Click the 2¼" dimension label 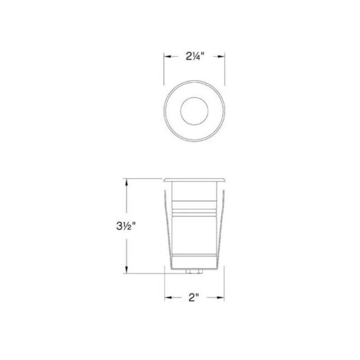(195, 56)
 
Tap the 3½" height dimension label (126, 226)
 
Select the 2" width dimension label (193, 298)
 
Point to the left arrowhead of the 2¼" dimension (167, 57)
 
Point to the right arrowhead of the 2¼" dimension (221, 57)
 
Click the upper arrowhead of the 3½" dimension (126, 182)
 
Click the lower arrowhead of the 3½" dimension (126, 270)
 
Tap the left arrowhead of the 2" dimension (168, 298)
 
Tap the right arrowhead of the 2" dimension (220, 298)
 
